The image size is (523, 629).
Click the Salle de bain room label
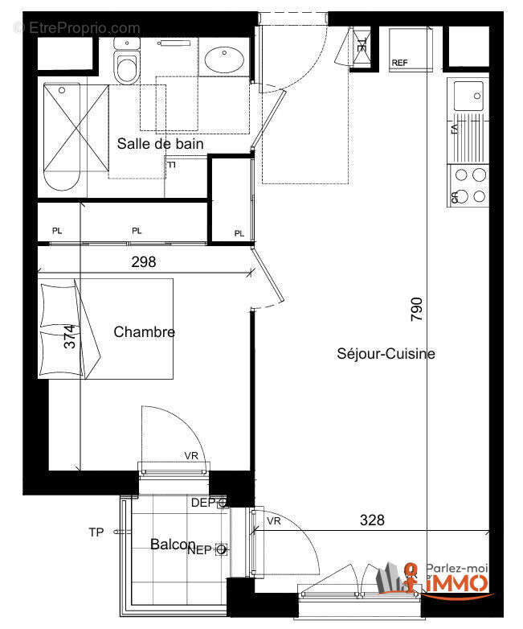[x=160, y=144]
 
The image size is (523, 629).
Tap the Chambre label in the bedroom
[x=144, y=331]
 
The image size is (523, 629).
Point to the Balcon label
[x=173, y=545]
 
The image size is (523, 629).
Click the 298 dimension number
[x=143, y=261]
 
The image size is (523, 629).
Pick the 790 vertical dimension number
[x=416, y=310]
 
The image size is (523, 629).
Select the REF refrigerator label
[x=399, y=63]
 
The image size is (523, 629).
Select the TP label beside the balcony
[x=96, y=532]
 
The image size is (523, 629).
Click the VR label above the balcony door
[x=191, y=456]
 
